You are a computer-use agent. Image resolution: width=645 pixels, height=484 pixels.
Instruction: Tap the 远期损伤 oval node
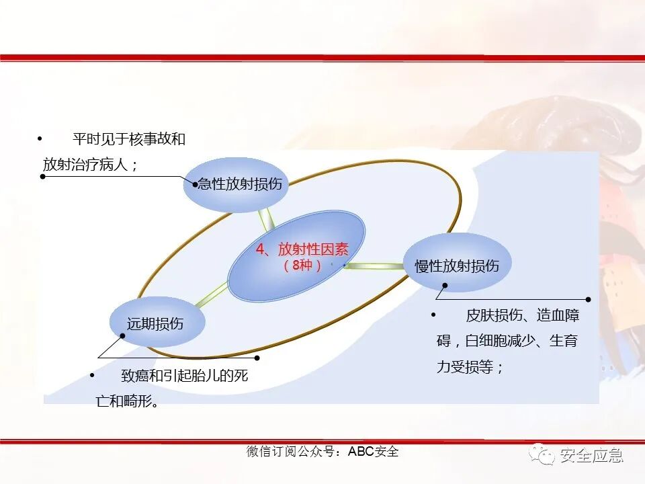tap(156, 324)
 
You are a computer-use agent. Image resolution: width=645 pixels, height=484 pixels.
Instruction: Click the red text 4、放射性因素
tap(302, 249)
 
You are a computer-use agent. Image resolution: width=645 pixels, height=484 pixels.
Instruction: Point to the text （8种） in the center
tap(302, 266)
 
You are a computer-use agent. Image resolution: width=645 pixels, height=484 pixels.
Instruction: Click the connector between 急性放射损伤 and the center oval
tap(267, 218)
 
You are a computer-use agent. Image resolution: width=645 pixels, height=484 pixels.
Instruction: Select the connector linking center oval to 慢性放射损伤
tap(375, 266)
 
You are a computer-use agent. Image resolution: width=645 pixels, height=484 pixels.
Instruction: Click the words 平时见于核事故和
tap(128, 140)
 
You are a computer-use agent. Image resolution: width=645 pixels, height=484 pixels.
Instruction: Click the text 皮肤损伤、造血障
tap(522, 316)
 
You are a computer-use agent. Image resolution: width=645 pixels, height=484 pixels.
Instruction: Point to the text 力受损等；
tap(470, 367)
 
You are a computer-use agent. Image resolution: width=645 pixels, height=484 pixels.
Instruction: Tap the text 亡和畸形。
tap(128, 401)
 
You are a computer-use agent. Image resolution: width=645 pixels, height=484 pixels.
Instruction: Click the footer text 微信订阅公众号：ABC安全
tap(322, 452)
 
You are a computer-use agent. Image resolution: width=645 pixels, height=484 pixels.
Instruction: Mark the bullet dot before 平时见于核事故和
tap(40, 139)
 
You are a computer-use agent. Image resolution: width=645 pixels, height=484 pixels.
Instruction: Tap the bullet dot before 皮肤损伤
tap(433, 315)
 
